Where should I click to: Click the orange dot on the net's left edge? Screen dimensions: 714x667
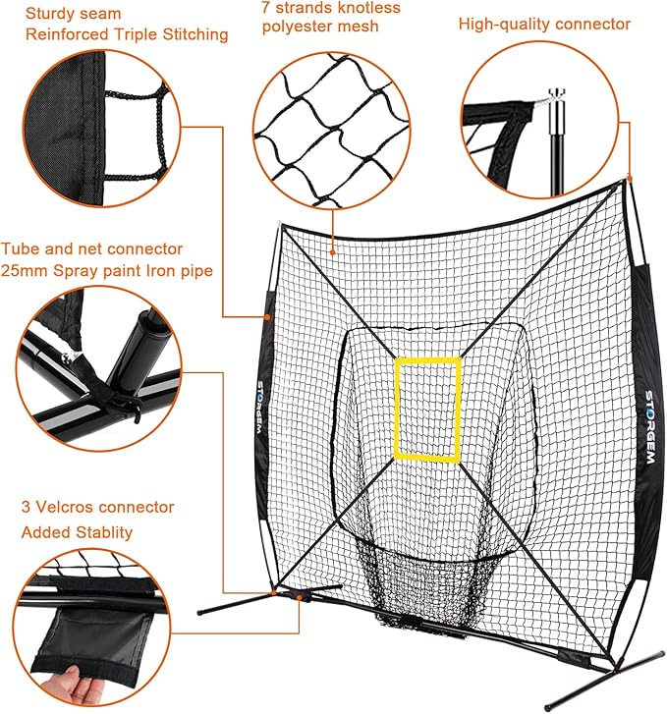(x=267, y=317)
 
